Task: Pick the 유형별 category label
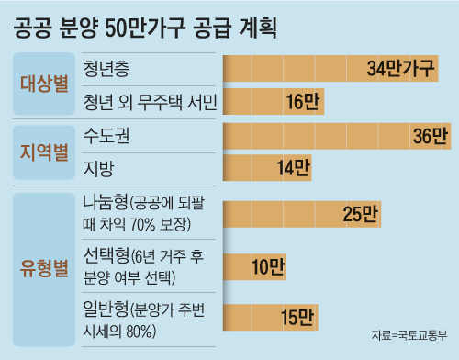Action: pos(44,270)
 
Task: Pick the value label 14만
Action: pos(293,168)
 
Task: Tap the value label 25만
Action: pos(359,213)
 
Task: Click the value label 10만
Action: pos(268,266)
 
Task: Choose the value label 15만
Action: pos(297,318)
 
